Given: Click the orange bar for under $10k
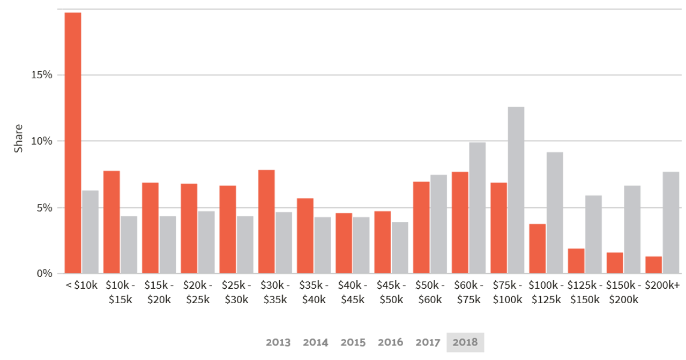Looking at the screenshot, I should tap(73, 142).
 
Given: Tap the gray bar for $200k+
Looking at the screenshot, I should tap(671, 222).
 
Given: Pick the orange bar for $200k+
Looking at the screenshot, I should tap(653, 264).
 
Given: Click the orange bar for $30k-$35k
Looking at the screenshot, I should tap(266, 221).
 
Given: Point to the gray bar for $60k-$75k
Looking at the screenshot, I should tap(478, 207).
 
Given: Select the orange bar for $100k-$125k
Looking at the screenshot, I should tap(537, 248).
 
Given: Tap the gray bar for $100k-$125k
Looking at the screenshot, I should tap(555, 212).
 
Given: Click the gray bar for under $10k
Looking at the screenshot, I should tap(91, 231).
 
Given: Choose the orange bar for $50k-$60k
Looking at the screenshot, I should tap(421, 227).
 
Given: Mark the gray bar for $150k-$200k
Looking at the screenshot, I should tap(632, 229).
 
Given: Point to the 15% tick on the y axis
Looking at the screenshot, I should tap(41, 75).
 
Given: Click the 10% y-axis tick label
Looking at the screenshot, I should tap(41, 141).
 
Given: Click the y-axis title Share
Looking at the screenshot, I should tap(18, 138).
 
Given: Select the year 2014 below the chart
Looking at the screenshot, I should tap(315, 342).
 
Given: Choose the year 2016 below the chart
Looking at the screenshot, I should tap(390, 342).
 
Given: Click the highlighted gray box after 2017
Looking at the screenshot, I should tap(465, 342).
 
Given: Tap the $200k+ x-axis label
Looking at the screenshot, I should tap(662, 285).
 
